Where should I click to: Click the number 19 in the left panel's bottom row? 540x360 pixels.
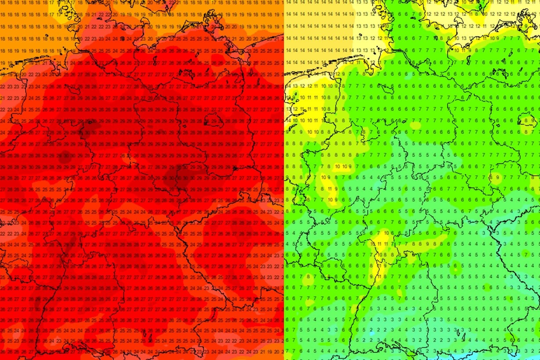point(270,352)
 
